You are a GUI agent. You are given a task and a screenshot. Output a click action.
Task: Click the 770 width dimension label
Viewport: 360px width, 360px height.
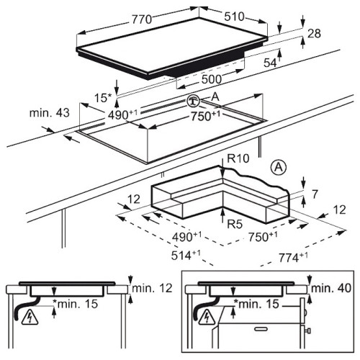coord(142,19)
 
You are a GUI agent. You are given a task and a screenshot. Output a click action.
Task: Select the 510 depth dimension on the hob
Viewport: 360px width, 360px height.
coord(234,17)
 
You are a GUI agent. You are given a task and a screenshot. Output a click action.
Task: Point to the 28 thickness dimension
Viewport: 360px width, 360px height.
coord(314,33)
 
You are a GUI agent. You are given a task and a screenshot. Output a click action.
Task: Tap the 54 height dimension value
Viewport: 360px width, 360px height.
coord(270,63)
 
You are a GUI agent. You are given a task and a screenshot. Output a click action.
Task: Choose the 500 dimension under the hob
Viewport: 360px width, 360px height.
coord(212,79)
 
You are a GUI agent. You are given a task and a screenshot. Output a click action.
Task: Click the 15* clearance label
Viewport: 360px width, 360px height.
coord(103,98)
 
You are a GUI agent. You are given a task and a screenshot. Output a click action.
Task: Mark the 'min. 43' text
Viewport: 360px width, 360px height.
coord(50,112)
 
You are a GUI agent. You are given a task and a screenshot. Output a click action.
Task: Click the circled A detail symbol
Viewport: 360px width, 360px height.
coord(279,167)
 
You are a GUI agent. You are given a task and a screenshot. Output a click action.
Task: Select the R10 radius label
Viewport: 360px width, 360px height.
coord(238,158)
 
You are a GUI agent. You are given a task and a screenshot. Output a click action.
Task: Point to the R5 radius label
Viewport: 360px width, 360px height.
coord(235,224)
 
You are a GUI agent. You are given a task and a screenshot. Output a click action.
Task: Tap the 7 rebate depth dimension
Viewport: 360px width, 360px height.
coord(315,194)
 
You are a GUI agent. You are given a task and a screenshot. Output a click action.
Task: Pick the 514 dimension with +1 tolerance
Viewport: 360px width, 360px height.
coord(186,255)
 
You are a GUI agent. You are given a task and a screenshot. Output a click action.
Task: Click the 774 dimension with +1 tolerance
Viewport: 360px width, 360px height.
coord(293,258)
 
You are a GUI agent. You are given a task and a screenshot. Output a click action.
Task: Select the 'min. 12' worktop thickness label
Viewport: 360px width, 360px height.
coord(152,288)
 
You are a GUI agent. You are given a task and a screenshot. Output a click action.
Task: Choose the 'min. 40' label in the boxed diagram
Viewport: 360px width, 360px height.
coord(331,288)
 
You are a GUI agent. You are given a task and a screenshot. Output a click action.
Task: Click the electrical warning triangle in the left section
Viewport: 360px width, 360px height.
coord(30,318)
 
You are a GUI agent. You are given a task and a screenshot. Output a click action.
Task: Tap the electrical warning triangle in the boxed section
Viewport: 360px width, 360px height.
coord(207,317)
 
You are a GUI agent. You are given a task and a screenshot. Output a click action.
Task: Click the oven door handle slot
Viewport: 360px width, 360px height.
coord(261,328)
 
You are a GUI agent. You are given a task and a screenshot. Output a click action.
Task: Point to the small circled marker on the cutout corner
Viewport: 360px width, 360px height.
coord(194,101)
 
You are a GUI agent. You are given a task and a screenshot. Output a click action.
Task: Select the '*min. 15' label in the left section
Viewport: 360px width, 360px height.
coord(76,304)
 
